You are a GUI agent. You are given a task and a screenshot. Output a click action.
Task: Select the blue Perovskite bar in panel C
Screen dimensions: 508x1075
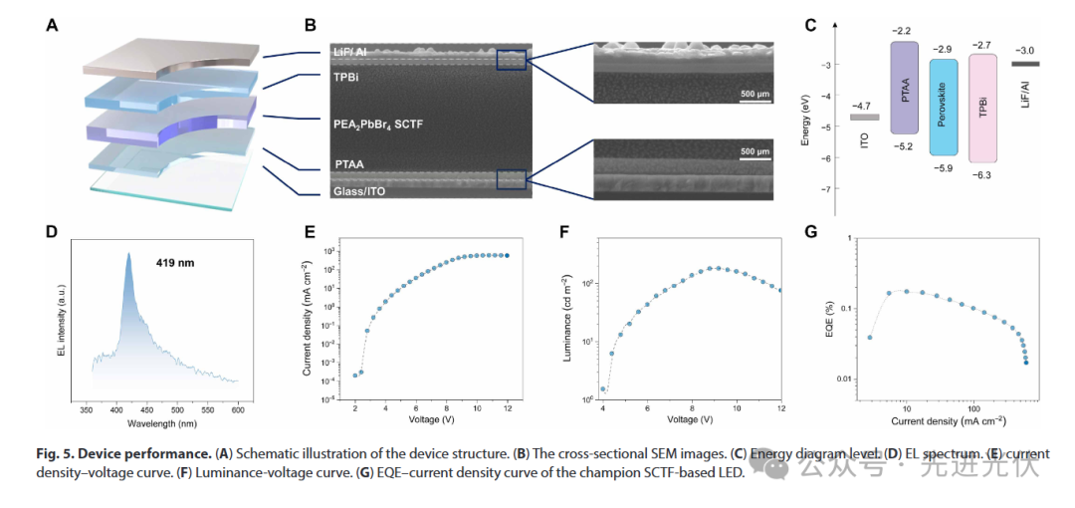click(943, 107)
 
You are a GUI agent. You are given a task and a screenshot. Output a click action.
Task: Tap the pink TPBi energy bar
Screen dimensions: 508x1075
click(981, 108)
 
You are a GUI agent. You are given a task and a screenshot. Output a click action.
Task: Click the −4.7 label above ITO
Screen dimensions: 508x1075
click(862, 105)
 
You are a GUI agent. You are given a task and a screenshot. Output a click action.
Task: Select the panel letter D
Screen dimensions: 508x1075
click(52, 232)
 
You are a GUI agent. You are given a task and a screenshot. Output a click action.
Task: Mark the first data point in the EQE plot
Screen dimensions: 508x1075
click(870, 337)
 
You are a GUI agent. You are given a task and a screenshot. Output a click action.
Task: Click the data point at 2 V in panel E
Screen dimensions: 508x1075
click(354, 375)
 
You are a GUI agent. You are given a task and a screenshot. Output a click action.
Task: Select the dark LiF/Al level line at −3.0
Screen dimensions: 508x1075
click(1024, 65)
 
